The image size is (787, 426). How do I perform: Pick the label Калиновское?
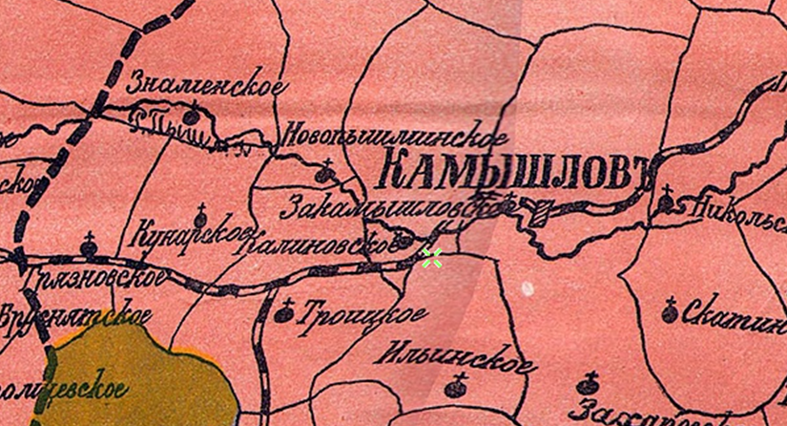(319, 245)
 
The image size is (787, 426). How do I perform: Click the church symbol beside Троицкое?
(283, 311)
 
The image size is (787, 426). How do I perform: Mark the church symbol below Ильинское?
(455, 388)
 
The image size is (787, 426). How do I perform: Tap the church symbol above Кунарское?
(200, 213)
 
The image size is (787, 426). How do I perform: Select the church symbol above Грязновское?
(90, 247)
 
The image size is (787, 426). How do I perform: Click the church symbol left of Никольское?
(667, 200)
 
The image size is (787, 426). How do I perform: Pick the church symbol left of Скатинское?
(669, 309)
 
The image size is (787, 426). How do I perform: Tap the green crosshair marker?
(432, 256)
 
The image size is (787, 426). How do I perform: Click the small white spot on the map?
(527, 287)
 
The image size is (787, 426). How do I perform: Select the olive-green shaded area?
(143, 377)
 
